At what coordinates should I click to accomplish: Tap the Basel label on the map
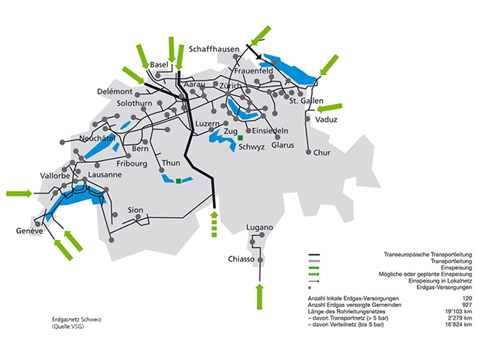pos(159,63)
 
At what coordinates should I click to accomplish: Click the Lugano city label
pos(259,227)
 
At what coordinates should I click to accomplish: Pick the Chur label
pos(322,153)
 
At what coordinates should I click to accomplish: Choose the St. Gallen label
pos(306,101)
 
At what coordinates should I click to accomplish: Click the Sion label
pos(135,210)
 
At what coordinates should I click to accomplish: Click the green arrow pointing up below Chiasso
pos(260,295)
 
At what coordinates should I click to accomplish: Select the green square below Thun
pos(179,181)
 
